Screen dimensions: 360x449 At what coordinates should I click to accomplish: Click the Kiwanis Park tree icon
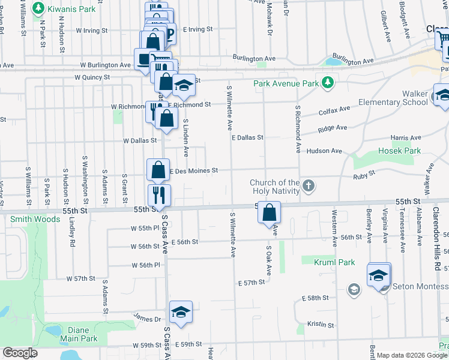(38, 8)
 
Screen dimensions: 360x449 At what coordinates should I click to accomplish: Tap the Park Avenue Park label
(286, 83)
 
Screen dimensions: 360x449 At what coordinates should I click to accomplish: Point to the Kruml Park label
(334, 262)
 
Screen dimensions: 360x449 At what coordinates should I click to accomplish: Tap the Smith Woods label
(35, 219)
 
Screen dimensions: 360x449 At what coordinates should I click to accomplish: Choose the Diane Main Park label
(79, 334)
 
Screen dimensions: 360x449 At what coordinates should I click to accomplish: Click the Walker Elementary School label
(393, 98)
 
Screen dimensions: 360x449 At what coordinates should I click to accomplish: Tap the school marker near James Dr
(180, 312)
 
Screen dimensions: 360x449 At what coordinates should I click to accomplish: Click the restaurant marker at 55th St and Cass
(159, 194)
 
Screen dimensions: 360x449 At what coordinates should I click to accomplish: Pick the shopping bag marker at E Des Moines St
(158, 170)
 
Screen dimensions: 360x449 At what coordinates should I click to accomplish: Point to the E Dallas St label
(247, 137)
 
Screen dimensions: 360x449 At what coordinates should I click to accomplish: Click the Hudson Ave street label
(324, 151)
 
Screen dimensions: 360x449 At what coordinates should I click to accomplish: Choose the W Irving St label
(91, 30)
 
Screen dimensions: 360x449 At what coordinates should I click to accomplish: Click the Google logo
(20, 353)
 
